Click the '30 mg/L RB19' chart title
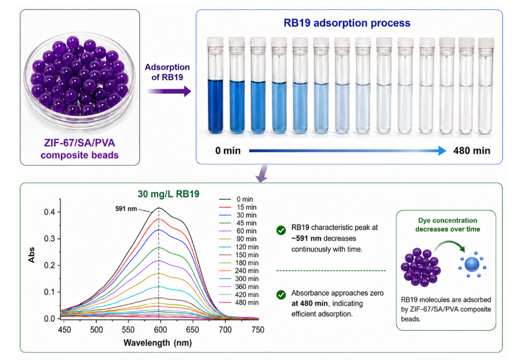click(x=169, y=194)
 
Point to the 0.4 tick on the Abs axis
click(x=50, y=212)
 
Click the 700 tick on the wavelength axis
click(x=225, y=330)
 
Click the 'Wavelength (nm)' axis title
click(x=158, y=343)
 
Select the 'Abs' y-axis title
click(x=31, y=255)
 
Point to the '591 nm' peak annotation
click(x=126, y=209)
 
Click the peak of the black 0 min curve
click(x=159, y=208)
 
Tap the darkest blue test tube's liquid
click(x=216, y=106)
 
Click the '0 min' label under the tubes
click(x=228, y=151)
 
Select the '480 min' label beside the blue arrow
click(x=472, y=151)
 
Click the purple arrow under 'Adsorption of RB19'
click(x=169, y=91)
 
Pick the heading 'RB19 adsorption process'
click(x=347, y=23)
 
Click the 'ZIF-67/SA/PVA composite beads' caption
click(x=80, y=149)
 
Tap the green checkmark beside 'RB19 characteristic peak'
click(x=281, y=230)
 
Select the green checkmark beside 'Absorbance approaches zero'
click(x=281, y=295)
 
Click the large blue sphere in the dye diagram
click(x=472, y=265)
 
